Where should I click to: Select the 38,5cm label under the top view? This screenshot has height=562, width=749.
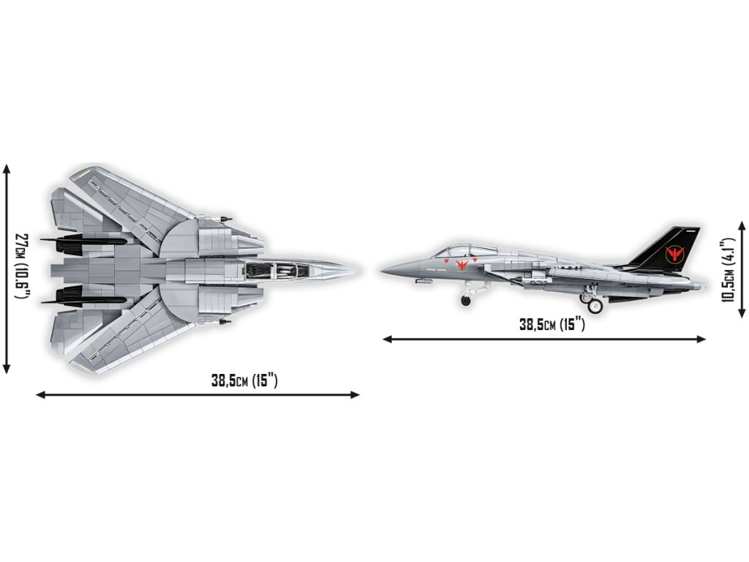[244, 381]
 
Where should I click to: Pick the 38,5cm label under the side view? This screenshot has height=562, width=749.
[552, 325]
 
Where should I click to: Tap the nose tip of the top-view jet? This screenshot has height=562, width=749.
[358, 270]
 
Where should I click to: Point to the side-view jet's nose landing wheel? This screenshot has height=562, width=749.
[466, 301]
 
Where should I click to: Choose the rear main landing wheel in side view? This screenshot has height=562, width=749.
[595, 304]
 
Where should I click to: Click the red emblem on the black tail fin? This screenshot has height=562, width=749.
[674, 253]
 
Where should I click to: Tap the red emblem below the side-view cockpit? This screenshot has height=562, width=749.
[462, 264]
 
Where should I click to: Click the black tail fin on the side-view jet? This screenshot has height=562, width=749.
[669, 250]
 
